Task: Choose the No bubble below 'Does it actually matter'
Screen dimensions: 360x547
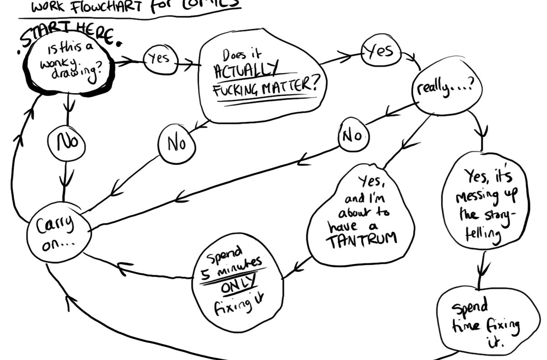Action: click(176, 144)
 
